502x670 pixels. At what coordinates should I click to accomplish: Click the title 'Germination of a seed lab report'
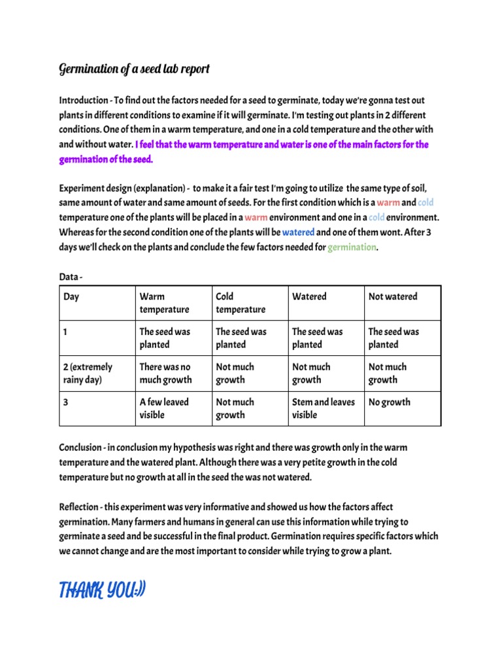coord(134,69)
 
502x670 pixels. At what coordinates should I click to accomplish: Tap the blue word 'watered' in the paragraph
coord(298,232)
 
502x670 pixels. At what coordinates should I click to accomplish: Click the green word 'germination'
coord(352,247)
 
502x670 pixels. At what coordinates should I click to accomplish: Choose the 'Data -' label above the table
coord(71,278)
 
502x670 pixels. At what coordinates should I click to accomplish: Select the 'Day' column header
coord(71,296)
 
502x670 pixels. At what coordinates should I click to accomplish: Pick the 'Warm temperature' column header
coord(164,303)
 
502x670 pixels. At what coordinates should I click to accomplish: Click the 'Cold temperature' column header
coord(241,303)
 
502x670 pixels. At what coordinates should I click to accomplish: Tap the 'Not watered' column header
coord(393,296)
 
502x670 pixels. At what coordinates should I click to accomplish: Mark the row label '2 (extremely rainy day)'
coord(88,374)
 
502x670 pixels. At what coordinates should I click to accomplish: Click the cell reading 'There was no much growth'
coord(165,374)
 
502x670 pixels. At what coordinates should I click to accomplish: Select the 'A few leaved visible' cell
coord(163,409)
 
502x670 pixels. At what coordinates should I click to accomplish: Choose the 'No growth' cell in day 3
coord(390,402)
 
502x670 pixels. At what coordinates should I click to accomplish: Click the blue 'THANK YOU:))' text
coord(103,591)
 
